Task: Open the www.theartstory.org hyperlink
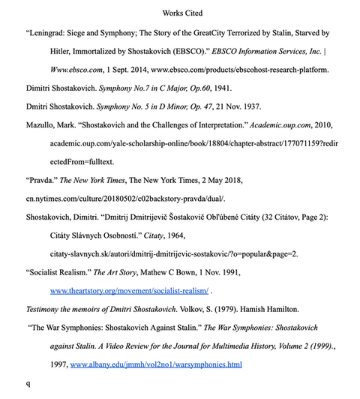click(x=129, y=289)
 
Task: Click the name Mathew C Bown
click(x=175, y=271)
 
